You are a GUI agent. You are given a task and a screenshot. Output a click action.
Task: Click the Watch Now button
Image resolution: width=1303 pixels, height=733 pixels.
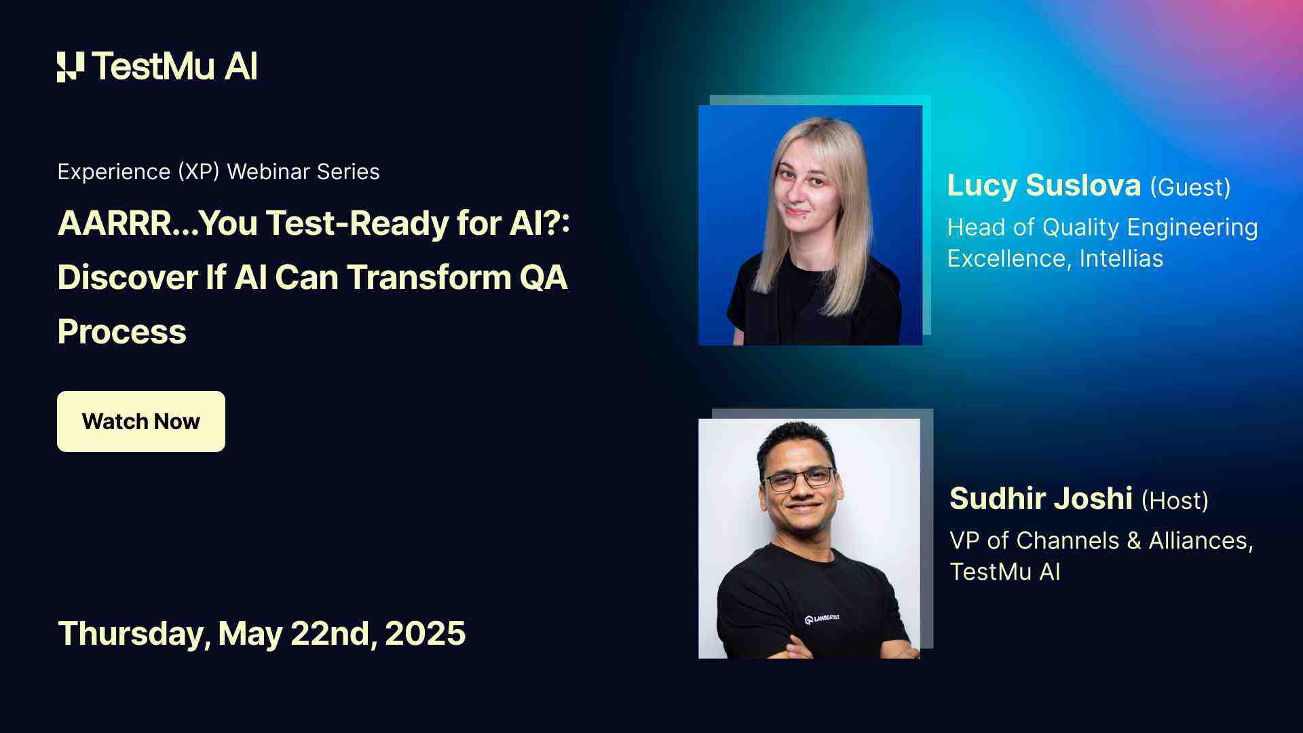click(141, 421)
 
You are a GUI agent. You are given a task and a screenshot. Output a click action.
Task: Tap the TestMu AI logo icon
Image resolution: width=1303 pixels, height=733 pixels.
click(71, 67)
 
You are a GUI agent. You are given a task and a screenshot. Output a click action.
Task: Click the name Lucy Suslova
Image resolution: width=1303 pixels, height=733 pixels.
click(1044, 185)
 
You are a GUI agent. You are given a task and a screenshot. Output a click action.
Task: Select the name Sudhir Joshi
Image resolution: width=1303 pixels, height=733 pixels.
click(1041, 499)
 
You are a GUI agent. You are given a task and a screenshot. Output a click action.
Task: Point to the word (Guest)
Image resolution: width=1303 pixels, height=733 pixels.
click(1190, 187)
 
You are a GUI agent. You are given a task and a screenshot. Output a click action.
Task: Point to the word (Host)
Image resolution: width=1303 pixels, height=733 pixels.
click(1175, 501)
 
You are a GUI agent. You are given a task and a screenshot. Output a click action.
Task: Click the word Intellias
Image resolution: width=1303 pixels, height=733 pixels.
click(1121, 259)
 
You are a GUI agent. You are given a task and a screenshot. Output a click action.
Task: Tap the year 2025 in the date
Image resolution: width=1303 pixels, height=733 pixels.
click(426, 633)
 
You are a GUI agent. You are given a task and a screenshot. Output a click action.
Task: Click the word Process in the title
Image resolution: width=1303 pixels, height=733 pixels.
click(122, 332)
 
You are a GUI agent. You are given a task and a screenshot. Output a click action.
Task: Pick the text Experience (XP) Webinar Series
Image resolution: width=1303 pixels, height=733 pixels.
click(219, 172)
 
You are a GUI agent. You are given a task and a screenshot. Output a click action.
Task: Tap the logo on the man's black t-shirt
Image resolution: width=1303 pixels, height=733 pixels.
click(822, 618)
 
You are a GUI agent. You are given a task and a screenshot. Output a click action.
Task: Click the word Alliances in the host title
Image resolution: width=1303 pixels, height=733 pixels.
click(1200, 541)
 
